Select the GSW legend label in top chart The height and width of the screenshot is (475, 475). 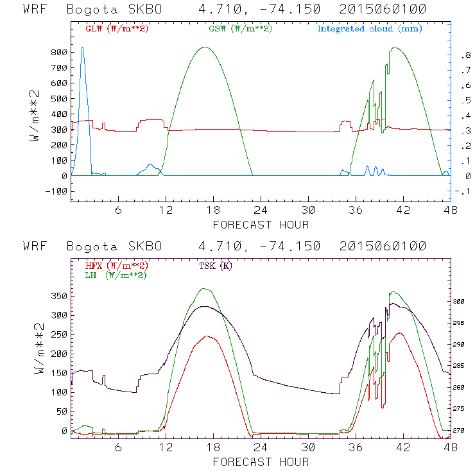(240, 29)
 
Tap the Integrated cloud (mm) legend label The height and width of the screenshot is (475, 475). (370, 29)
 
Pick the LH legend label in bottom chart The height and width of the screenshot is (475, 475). (116, 275)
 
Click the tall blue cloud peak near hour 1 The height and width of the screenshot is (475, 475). (82, 48)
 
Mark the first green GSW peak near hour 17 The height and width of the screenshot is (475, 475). (205, 47)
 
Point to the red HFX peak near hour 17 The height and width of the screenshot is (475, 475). (207, 336)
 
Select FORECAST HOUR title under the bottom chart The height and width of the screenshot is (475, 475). (261, 462)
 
